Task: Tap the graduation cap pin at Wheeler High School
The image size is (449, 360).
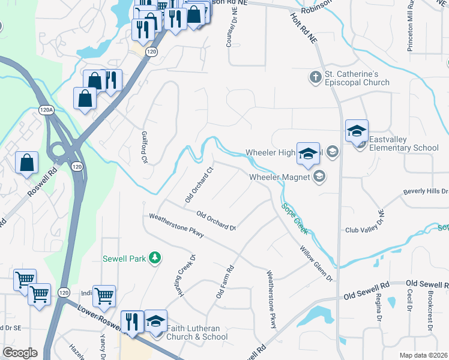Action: (308, 154)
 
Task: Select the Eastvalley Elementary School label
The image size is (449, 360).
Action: (403, 143)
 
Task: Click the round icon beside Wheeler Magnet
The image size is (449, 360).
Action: (319, 176)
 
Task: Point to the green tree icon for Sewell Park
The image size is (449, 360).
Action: (155, 259)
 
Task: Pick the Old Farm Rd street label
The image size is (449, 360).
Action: (224, 283)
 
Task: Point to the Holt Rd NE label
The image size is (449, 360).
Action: (304, 28)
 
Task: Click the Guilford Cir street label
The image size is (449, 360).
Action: (144, 148)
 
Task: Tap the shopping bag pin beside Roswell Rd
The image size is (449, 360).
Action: (27, 163)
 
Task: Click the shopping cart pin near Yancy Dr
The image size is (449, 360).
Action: (104, 295)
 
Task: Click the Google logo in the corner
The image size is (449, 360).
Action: (20, 352)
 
